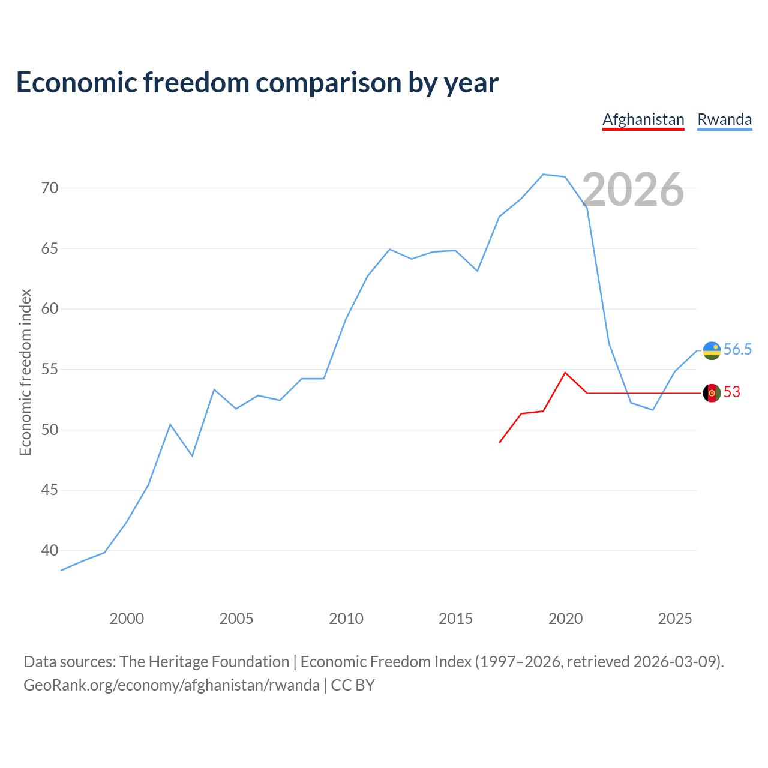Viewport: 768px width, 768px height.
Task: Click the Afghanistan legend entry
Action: coord(643,119)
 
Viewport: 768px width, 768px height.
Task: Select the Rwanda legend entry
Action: coord(724,119)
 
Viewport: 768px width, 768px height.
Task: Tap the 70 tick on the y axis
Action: coord(50,188)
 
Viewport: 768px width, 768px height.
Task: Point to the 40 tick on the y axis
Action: coord(50,550)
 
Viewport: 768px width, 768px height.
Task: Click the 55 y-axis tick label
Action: coord(50,369)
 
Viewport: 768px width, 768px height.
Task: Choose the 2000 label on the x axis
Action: coord(127,619)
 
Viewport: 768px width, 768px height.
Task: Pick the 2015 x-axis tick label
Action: coord(455,619)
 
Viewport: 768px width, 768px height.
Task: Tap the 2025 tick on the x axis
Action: coord(675,619)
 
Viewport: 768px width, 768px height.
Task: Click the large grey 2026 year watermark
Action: coord(633,189)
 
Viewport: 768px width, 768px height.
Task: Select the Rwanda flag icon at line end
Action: coord(712,350)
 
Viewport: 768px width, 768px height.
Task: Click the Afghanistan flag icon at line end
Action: coord(712,393)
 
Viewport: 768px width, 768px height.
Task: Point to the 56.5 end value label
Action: coord(737,349)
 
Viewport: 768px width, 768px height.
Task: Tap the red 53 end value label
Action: coord(732,392)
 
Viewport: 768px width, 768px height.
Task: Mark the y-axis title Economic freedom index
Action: coord(25,372)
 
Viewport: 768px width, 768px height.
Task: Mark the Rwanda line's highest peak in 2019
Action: coord(543,175)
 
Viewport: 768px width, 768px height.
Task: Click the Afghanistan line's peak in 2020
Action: coord(565,373)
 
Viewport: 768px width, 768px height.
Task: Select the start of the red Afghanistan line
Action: coord(500,442)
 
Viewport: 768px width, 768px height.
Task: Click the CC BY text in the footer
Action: coord(353,685)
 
